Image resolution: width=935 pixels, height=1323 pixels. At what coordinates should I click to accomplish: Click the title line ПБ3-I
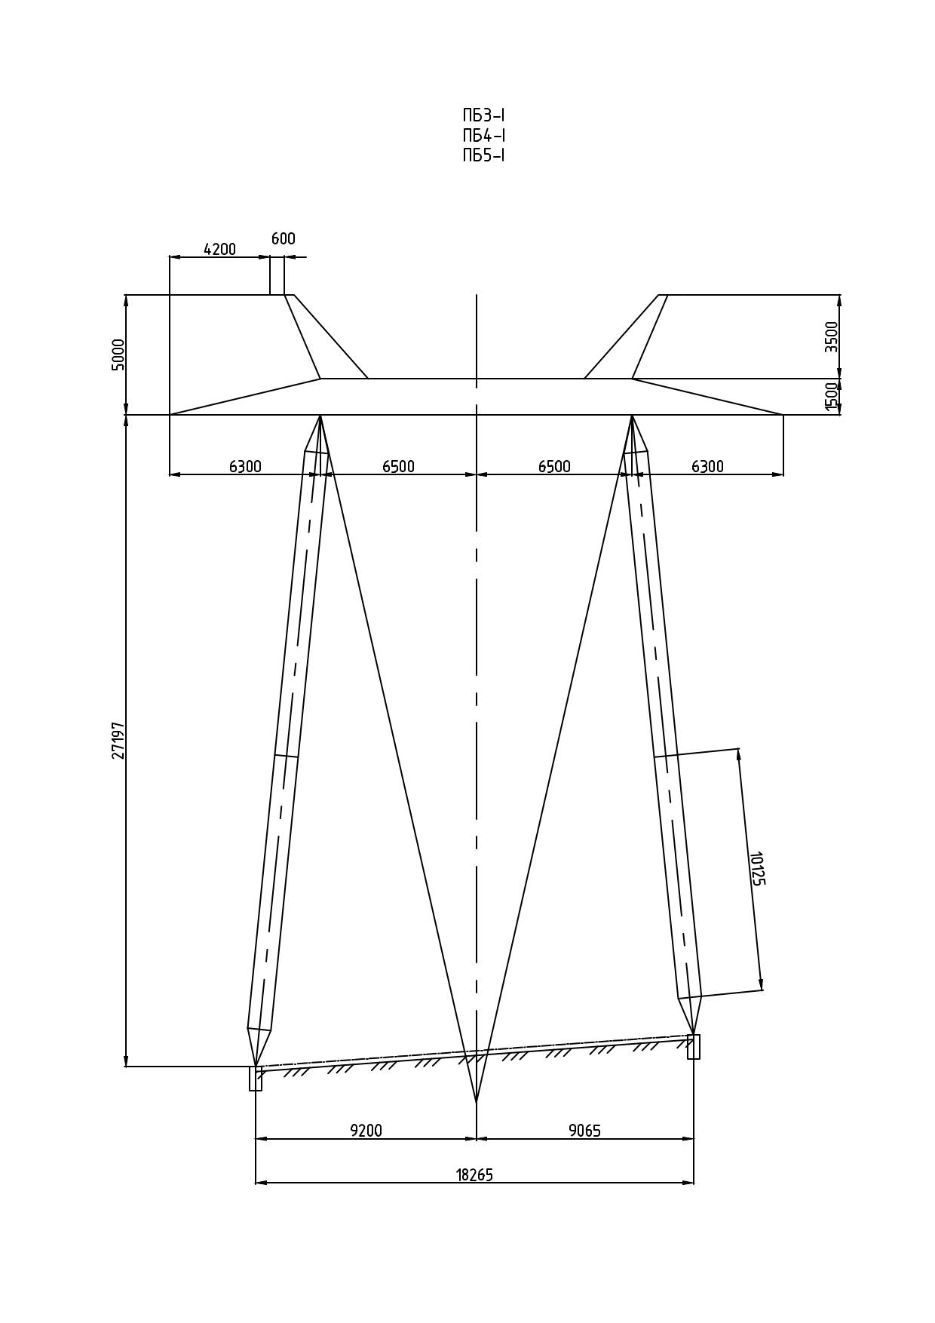click(483, 115)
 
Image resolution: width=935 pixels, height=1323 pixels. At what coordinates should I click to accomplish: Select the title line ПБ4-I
click(483, 136)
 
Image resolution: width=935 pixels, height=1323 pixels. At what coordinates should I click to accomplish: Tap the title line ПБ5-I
click(483, 155)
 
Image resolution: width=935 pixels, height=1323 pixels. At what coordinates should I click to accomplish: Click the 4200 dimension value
click(219, 249)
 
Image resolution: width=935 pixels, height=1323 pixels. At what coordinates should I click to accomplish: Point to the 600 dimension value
click(284, 238)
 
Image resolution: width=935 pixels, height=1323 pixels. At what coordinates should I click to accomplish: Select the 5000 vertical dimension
click(118, 355)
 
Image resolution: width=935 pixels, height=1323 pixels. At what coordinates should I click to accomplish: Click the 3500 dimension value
click(831, 336)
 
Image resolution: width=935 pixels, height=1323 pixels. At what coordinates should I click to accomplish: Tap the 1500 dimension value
click(831, 397)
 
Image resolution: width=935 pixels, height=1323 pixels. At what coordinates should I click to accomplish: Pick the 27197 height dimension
click(118, 740)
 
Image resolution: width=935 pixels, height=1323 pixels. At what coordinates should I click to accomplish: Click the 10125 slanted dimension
click(756, 868)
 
